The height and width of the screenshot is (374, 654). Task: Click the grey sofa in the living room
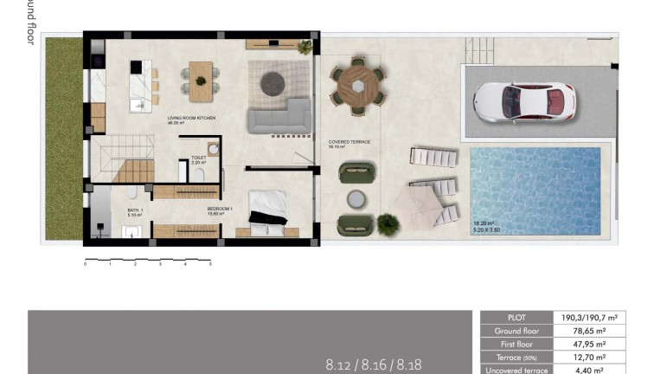279,116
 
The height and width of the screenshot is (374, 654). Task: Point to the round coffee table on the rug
273,81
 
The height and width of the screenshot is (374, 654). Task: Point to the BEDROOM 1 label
220,210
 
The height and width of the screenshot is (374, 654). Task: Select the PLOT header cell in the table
516,318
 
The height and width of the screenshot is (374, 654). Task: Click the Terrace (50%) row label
516,357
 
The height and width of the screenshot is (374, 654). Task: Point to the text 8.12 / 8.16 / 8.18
373,364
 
